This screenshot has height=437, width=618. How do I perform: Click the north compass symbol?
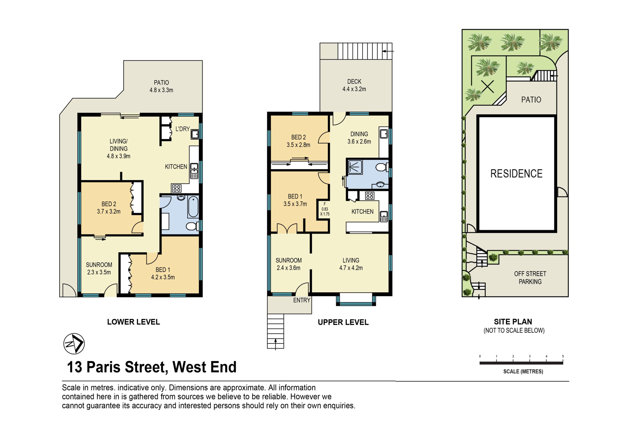(74, 344)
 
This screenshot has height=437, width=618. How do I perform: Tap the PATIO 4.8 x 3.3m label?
(161, 86)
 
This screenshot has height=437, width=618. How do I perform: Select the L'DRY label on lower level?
(183, 129)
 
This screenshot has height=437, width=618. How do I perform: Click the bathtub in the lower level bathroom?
(193, 207)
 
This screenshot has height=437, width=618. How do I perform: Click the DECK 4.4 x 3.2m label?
(354, 85)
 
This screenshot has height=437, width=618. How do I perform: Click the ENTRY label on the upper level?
(302, 300)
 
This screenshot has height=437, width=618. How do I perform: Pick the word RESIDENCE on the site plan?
(516, 174)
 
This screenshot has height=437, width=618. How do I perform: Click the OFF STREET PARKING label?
(530, 278)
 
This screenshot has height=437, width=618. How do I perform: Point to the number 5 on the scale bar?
(563, 356)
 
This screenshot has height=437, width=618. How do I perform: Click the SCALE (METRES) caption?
(523, 371)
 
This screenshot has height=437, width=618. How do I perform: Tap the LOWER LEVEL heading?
(133, 322)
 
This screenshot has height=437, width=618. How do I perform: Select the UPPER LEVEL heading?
(343, 322)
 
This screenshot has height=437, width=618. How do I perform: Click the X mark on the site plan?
(488, 86)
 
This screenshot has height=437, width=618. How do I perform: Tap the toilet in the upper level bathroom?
(382, 168)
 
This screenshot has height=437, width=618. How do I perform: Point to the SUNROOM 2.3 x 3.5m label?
(99, 268)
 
